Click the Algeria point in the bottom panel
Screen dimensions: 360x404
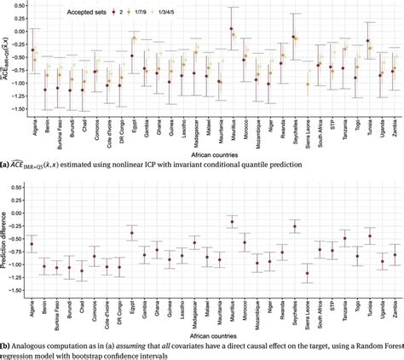point(32,244)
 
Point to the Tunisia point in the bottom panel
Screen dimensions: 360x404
point(369,235)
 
